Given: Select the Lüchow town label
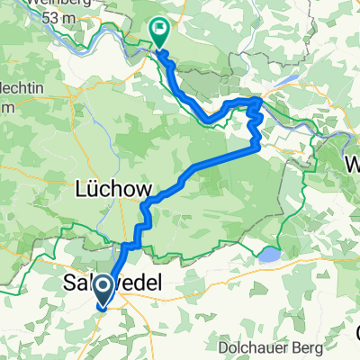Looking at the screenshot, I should pos(111,191).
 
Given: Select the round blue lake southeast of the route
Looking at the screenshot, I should pos(267,256).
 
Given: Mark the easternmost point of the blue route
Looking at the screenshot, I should pos(263,112).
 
